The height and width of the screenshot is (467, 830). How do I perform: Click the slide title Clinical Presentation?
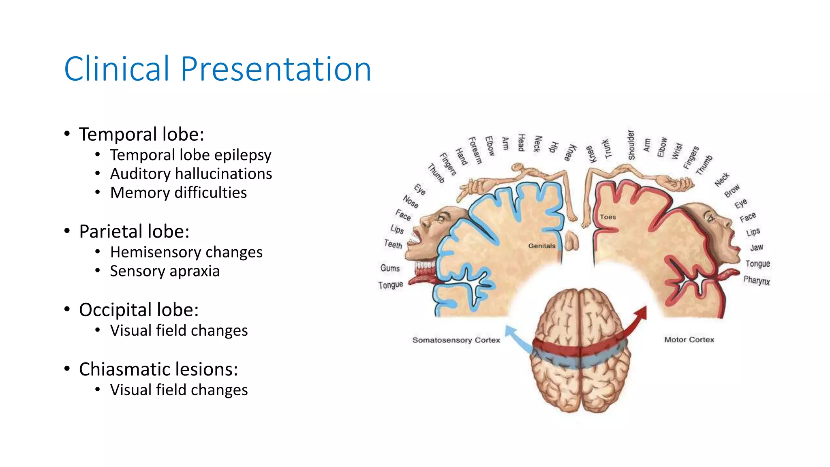click(x=218, y=69)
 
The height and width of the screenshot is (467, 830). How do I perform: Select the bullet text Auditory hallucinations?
click(x=191, y=174)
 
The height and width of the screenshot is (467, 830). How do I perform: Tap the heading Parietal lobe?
click(x=134, y=231)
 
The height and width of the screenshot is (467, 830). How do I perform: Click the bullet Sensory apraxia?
click(x=165, y=271)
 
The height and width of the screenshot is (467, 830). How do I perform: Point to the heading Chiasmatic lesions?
click(x=158, y=369)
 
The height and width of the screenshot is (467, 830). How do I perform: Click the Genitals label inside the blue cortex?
click(x=541, y=246)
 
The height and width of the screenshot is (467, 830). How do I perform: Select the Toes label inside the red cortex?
click(x=608, y=217)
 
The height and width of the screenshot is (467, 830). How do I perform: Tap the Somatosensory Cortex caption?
click(x=456, y=340)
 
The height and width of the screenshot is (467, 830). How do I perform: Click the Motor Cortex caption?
click(x=689, y=340)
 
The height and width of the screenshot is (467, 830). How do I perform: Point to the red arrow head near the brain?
click(x=642, y=313)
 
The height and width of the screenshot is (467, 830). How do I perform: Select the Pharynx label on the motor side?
click(x=756, y=281)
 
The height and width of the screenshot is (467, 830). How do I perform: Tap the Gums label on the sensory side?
click(x=390, y=268)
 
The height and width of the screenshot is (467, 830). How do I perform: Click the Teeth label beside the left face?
click(x=393, y=244)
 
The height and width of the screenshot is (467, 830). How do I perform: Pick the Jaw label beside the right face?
click(x=756, y=248)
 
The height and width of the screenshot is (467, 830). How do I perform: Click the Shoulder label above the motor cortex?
click(x=631, y=145)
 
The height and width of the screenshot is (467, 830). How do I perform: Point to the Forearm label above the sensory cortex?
click(x=475, y=150)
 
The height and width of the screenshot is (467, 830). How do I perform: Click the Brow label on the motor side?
click(x=732, y=191)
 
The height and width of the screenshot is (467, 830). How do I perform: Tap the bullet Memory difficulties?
click(x=178, y=193)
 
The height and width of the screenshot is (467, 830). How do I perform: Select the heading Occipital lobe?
click(x=139, y=310)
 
